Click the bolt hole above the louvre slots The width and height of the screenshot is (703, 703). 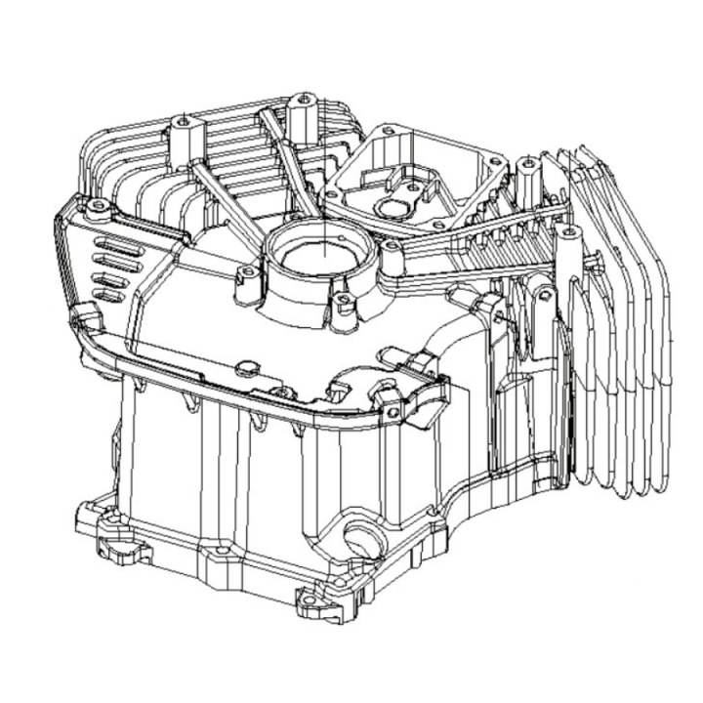[98, 206]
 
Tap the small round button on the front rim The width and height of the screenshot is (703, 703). [245, 365]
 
